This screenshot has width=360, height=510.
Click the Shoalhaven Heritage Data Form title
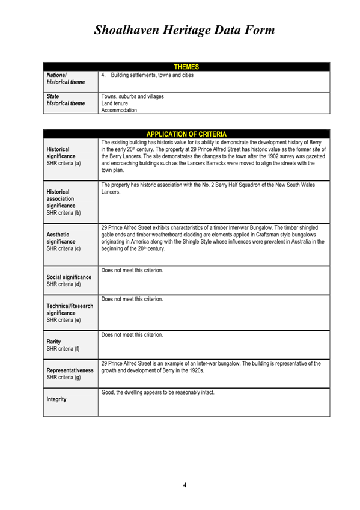[184, 30]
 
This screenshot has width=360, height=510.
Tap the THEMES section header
[186, 67]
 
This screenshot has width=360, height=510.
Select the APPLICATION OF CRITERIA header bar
[186, 134]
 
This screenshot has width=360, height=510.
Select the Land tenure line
[115, 103]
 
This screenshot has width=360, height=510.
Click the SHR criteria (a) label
[64, 164]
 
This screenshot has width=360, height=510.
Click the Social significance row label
[69, 277]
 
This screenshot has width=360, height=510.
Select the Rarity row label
[55, 341]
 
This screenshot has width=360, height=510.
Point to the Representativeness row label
[70, 370]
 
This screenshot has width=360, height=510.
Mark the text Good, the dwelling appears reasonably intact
[158, 393]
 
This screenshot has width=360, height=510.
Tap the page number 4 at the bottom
[185, 485]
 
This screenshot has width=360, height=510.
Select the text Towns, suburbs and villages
[132, 96]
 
